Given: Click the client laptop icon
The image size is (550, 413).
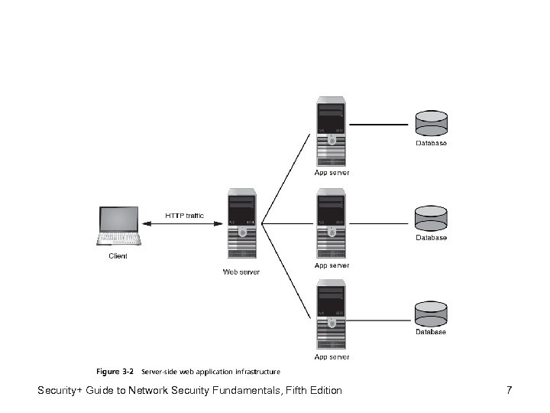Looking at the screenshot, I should tap(119, 226).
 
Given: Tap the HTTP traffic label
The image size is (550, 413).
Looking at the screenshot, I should tap(185, 216).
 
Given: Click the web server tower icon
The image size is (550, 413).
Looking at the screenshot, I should tap(241, 226).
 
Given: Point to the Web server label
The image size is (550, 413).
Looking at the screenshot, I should tap(241, 272).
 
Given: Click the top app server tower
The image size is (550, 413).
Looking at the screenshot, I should tap(332, 132).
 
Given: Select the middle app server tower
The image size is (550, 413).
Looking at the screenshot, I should tap(332, 225).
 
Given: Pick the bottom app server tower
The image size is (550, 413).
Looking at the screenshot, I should tap(332, 315).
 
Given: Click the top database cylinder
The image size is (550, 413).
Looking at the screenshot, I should tap(431, 124).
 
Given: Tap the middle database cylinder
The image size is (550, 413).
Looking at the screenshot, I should tap(431, 219).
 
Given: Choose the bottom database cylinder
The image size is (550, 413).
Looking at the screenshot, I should tap(431, 314).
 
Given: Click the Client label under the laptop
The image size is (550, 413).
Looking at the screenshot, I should tap(118, 256).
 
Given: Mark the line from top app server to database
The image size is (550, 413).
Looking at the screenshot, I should tap(379, 125).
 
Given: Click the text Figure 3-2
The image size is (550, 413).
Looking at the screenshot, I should tap(115, 372).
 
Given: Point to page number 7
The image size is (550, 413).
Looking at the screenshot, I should tap(509, 391).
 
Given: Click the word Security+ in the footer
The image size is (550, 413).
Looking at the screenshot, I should tap(62, 392).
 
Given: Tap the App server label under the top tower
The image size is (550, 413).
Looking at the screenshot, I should tap(332, 173).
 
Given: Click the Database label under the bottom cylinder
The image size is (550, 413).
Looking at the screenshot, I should tap(431, 332).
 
